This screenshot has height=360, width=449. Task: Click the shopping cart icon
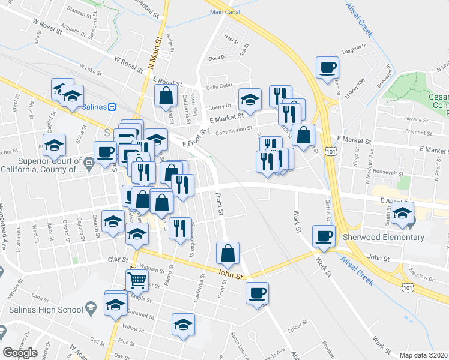137,280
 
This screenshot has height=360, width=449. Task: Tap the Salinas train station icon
111,106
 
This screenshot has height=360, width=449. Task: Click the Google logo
20,353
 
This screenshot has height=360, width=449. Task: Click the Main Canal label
225,12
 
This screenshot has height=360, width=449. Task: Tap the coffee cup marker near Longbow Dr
327,68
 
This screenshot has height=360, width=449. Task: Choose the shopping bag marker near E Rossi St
166,95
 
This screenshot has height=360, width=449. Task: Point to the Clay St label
118,260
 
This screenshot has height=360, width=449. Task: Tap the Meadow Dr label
422,277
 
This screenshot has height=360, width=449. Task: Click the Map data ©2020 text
424,355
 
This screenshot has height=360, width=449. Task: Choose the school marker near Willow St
183,325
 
